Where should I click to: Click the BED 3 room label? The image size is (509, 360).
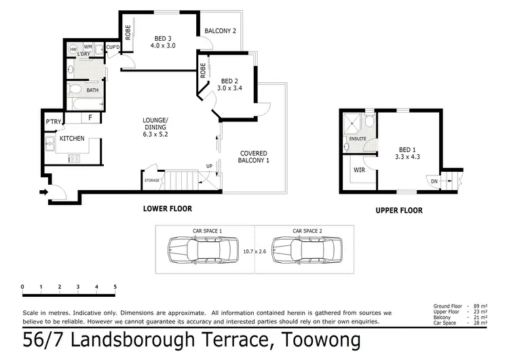[163, 37]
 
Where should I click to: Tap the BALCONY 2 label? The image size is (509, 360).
[221, 31]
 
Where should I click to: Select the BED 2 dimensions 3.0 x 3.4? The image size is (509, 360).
[230, 88]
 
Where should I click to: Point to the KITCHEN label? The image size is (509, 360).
[72, 139]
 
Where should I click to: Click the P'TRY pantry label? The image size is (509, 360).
[53, 122]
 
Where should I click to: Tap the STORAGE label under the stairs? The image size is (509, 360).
[151, 181]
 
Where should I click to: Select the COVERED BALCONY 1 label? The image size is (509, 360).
[253, 157]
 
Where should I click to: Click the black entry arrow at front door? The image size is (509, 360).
[45, 192]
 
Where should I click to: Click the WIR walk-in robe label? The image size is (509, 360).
[360, 170]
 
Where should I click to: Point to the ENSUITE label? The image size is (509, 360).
[358, 139]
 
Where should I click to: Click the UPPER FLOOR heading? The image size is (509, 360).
[398, 211]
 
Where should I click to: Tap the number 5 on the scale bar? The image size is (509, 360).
[115, 287]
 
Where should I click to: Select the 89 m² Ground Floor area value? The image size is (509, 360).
[480, 307]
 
